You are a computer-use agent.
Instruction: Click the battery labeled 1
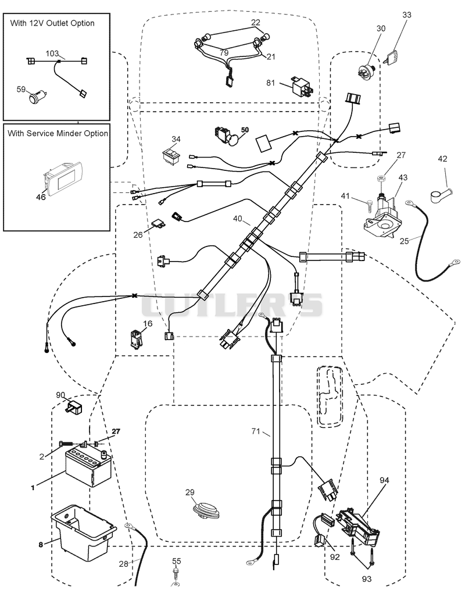tap(89, 467)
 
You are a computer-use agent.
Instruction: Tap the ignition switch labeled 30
tap(366, 72)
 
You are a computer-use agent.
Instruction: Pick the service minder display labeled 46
tap(62, 177)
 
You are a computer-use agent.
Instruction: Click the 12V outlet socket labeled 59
tap(37, 97)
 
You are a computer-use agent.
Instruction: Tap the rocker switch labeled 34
tap(171, 154)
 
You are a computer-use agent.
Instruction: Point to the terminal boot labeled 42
tap(441, 194)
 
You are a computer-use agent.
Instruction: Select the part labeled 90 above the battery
tap(74, 408)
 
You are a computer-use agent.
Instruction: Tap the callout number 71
tap(256, 431)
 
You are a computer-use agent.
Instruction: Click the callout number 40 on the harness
tap(238, 219)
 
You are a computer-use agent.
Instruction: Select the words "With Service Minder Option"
tap(58, 133)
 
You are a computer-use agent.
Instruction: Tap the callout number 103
tap(52, 53)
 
